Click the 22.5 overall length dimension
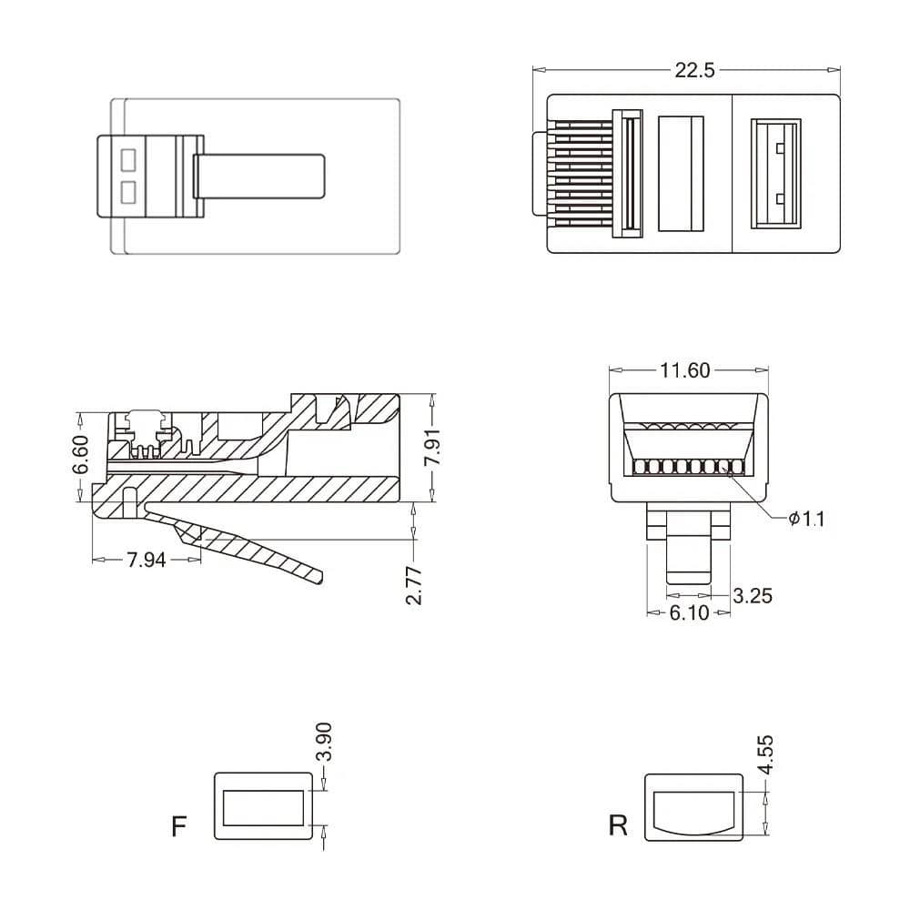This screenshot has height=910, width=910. pyautogui.click(x=694, y=70)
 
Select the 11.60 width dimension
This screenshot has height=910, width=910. pyautogui.click(x=685, y=370)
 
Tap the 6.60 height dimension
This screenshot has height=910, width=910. pyautogui.click(x=81, y=455)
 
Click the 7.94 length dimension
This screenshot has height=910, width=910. pyautogui.click(x=146, y=561)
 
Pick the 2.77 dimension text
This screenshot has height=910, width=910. pyautogui.click(x=414, y=584)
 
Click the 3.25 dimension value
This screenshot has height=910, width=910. pyautogui.click(x=753, y=596)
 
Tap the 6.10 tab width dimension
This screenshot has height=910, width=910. pyautogui.click(x=689, y=613)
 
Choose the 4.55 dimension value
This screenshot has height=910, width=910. pyautogui.click(x=766, y=754)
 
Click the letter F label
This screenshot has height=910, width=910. pyautogui.click(x=179, y=826)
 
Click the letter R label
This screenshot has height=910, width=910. pyautogui.click(x=618, y=826)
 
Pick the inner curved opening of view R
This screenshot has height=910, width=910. pyautogui.click(x=693, y=811)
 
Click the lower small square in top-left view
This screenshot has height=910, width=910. pyautogui.click(x=127, y=192)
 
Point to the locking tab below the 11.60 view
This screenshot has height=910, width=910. pyautogui.click(x=689, y=546)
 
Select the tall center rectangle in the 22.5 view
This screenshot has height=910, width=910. pyautogui.click(x=681, y=173)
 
